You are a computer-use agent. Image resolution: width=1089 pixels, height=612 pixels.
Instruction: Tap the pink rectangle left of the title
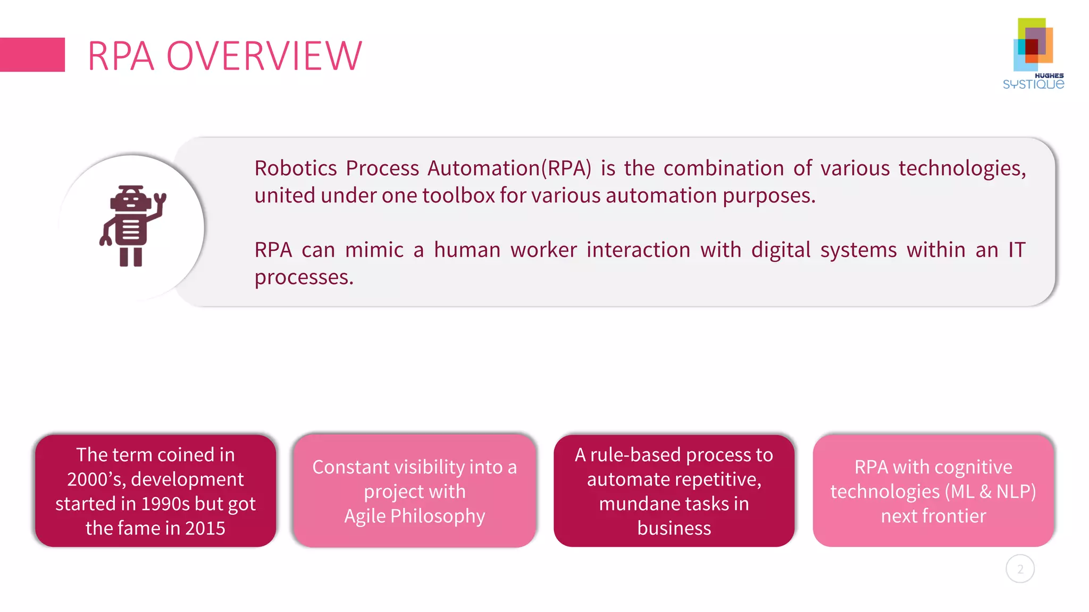tap(32, 55)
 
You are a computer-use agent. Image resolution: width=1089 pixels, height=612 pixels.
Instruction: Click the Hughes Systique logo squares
tap(1033, 45)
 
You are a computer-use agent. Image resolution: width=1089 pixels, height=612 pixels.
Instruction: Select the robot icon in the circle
tap(131, 226)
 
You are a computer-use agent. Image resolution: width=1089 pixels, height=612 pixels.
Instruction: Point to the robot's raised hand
tap(160, 201)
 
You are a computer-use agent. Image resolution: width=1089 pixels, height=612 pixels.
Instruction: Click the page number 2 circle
tap(1020, 569)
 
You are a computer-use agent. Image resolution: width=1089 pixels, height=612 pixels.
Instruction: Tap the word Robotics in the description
tap(295, 168)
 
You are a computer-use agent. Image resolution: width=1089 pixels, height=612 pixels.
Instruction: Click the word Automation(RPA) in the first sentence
tap(509, 168)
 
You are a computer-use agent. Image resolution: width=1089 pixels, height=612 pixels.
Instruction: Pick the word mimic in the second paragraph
tap(374, 250)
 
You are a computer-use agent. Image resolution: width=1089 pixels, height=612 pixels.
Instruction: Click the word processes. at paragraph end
tap(304, 277)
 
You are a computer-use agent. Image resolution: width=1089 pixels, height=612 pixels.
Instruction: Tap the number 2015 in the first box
tap(205, 528)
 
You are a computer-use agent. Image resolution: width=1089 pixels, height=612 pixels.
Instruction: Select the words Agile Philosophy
tap(414, 516)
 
